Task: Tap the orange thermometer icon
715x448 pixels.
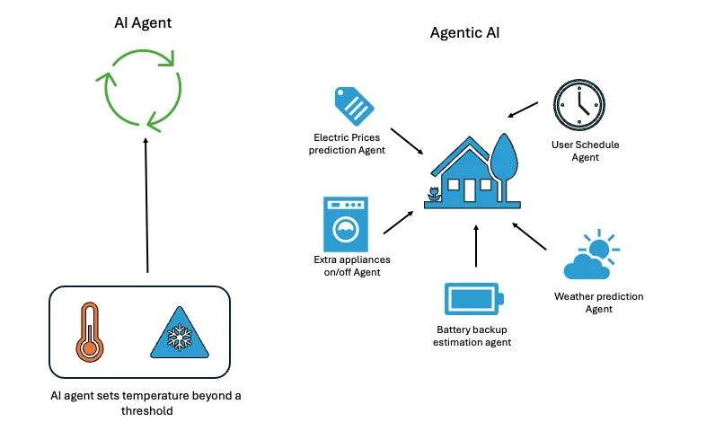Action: point(89,332)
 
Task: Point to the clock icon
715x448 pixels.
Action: point(576,103)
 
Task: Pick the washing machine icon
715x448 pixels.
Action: point(346,224)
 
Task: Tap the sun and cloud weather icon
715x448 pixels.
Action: point(589,257)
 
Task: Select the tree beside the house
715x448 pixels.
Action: point(503,162)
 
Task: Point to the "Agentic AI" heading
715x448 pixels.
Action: point(464,34)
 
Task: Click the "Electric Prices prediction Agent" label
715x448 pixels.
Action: point(348,144)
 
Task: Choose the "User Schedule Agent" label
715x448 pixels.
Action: point(585,151)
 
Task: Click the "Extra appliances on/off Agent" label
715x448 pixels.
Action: point(347,266)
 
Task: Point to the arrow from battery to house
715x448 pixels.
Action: point(476,247)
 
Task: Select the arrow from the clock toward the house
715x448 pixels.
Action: point(522,110)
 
